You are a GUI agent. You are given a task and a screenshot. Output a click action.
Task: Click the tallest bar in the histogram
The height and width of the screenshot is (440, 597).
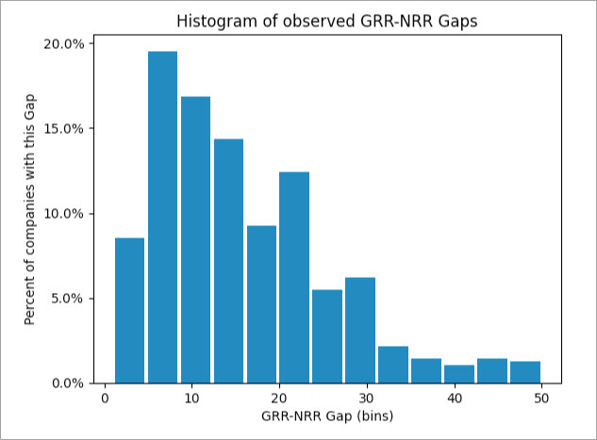click(x=162, y=217)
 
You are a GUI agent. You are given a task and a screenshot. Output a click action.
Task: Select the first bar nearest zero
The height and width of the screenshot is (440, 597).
click(x=129, y=310)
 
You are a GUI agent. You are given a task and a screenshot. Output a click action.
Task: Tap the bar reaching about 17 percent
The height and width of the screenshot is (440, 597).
click(x=196, y=240)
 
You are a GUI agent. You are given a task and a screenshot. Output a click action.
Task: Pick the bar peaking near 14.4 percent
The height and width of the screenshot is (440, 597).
click(x=228, y=261)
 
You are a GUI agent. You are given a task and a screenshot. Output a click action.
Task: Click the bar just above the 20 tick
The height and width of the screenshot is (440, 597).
click(x=294, y=278)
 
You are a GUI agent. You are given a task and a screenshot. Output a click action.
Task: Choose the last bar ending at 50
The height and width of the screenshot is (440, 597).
click(x=525, y=372)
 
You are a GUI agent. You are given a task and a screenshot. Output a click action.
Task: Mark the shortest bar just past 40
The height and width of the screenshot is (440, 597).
click(x=459, y=374)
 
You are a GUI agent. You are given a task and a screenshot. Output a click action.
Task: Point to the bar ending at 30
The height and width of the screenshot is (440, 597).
click(x=360, y=330)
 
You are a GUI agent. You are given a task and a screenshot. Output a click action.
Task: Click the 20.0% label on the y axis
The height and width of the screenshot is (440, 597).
click(x=63, y=44)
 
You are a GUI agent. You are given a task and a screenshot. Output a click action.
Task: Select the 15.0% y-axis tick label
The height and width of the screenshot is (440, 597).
click(x=63, y=129)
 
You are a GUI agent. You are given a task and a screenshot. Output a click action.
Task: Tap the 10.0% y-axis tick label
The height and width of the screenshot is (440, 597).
click(x=63, y=214)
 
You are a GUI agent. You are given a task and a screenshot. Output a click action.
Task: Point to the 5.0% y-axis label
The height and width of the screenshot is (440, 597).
click(x=67, y=299)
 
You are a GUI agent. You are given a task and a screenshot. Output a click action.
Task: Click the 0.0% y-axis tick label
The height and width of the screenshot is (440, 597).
click(x=67, y=383)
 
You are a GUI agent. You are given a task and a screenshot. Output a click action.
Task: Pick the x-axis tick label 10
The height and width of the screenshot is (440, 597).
click(x=191, y=399)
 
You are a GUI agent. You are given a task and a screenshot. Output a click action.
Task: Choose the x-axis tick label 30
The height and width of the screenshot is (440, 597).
click(x=367, y=399)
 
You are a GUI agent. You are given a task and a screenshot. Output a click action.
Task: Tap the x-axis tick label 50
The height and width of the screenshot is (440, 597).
click(x=541, y=399)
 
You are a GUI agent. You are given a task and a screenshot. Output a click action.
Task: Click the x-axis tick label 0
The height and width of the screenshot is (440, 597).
click(x=105, y=399)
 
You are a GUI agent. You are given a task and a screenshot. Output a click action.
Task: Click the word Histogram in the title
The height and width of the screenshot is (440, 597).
click(x=217, y=22)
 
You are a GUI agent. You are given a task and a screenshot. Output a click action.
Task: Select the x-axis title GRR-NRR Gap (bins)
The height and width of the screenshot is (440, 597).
click(x=327, y=416)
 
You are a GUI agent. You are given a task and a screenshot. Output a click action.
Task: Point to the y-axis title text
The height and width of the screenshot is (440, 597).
click(x=29, y=209)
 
